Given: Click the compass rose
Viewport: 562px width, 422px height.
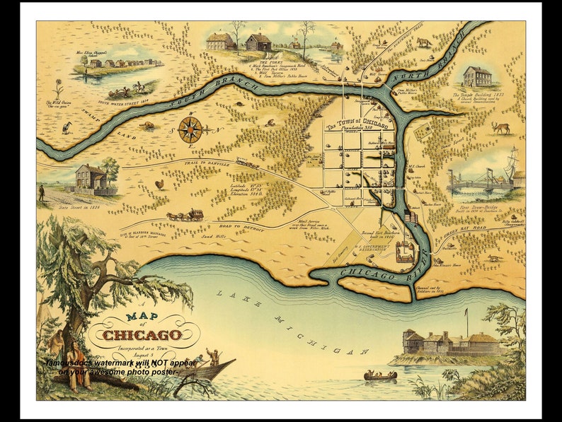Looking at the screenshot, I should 190,129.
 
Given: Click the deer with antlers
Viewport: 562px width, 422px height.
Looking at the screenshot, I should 500,128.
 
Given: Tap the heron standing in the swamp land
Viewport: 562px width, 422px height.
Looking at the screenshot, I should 67,128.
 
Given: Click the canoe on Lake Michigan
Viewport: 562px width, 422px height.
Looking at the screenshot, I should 380,375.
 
